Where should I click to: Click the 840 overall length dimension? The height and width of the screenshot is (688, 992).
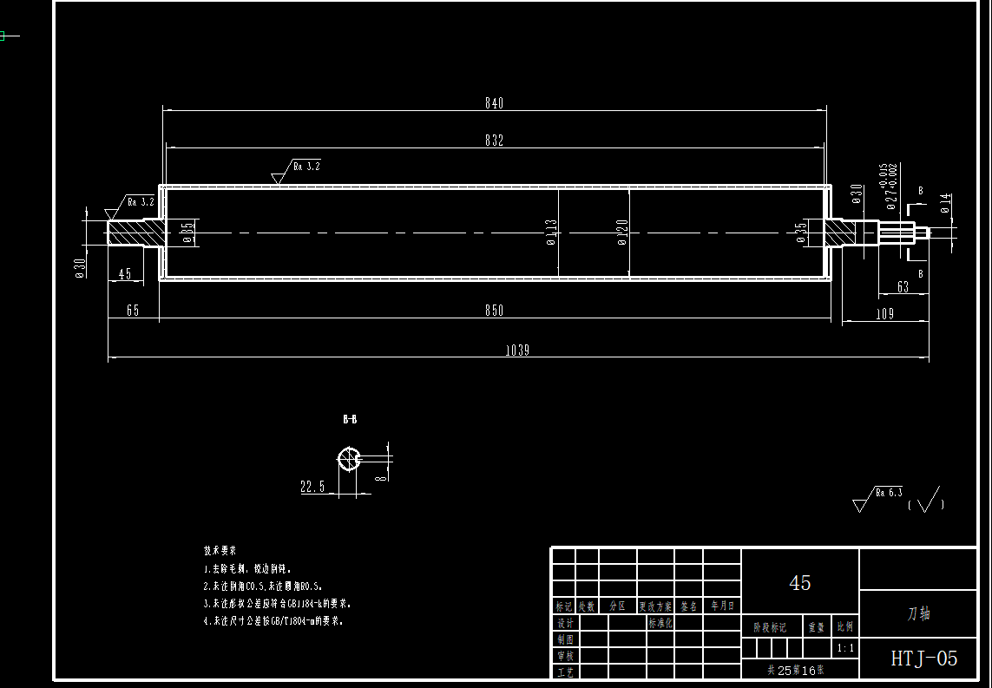point(494,103)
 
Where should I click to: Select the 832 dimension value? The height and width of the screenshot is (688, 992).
point(494,141)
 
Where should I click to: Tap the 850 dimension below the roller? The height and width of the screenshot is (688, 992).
point(494,311)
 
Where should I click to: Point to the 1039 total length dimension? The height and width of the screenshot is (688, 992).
point(517,351)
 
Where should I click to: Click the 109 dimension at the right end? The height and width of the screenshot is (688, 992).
point(884,314)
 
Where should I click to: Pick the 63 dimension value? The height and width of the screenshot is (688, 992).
point(903,287)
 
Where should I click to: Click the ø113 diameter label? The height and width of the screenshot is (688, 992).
point(551,232)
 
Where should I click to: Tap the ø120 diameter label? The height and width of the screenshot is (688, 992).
point(622,232)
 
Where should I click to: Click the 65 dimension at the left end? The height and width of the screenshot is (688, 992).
point(133,311)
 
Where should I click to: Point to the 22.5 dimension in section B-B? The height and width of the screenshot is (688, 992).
point(312,488)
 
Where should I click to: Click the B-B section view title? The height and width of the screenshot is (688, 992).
point(350,419)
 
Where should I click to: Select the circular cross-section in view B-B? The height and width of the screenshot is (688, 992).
point(349,458)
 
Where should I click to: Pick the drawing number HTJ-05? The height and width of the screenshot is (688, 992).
point(924,659)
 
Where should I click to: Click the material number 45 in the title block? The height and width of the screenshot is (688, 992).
point(800,583)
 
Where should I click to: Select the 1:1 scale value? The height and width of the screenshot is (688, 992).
point(844,648)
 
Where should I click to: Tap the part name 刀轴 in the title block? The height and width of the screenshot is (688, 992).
point(918,613)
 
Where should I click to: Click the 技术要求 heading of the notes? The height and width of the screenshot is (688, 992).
point(220,551)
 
